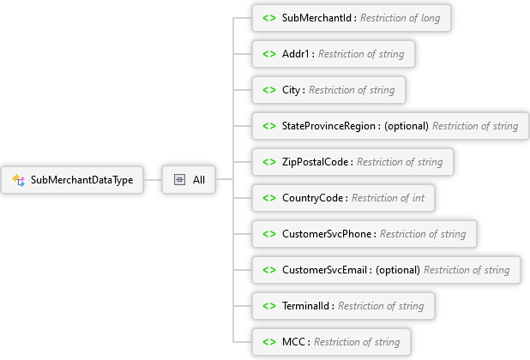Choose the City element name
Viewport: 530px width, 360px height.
click(x=293, y=90)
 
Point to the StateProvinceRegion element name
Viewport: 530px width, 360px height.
click(x=330, y=126)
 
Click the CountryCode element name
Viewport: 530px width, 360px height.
click(x=314, y=198)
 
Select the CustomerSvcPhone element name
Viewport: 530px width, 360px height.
click(x=328, y=234)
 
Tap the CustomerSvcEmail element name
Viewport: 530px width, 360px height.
click(x=326, y=270)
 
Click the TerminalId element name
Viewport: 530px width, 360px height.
click(x=308, y=306)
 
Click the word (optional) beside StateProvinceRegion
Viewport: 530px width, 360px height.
click(x=406, y=126)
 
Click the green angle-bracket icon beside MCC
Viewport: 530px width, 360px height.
click(x=268, y=342)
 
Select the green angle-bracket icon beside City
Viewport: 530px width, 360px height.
click(x=268, y=90)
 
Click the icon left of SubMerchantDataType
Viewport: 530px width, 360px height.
click(x=19, y=180)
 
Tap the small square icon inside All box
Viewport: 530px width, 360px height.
click(x=179, y=180)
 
